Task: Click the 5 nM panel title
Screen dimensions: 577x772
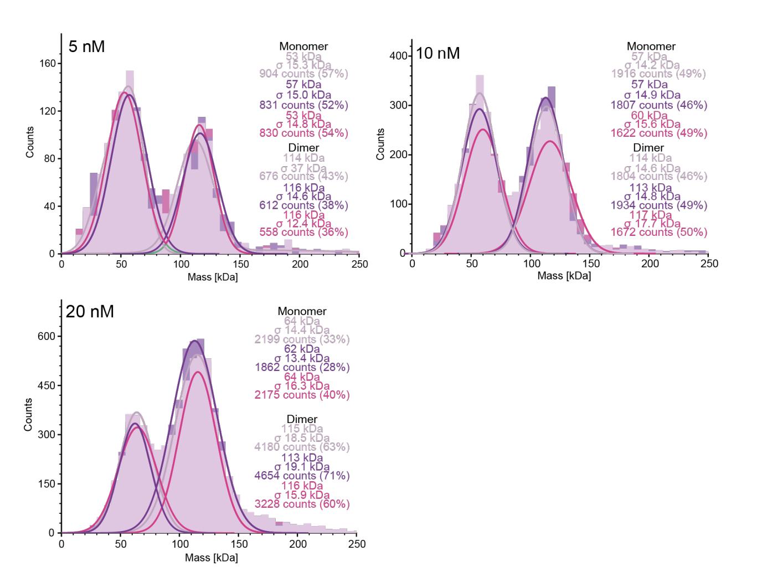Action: pos(86,47)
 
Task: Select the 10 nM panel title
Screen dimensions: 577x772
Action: pos(438,54)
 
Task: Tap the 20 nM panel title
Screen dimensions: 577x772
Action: pos(90,312)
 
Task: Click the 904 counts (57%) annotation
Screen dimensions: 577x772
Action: pos(303,74)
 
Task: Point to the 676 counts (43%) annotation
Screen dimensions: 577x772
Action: pos(303,176)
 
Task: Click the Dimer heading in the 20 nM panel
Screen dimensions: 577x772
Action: pos(302,419)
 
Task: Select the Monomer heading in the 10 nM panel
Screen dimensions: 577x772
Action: pos(651,47)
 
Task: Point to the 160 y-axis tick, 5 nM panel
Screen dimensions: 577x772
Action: pos(48,64)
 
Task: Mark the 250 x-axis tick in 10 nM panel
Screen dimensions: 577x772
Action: pos(709,264)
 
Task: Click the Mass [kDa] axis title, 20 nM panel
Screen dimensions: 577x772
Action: pos(211,558)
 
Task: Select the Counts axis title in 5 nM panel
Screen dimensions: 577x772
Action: pos(30,142)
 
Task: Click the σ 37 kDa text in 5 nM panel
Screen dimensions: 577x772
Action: pos(303,168)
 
